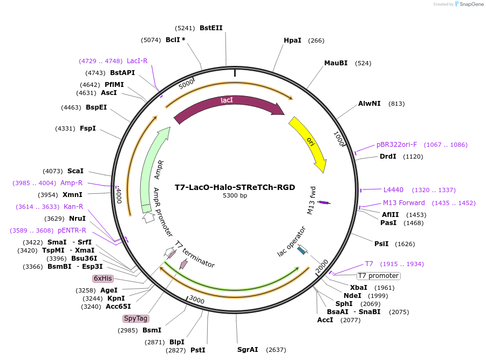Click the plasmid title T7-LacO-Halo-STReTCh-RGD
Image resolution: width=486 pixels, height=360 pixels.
pyautogui.click(x=235, y=187)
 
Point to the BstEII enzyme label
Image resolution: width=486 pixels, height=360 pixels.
pyautogui.click(x=211, y=28)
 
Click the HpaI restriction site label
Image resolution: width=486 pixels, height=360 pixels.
pyautogui.click(x=292, y=40)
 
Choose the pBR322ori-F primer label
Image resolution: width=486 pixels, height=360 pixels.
pyautogui.click(x=396, y=145)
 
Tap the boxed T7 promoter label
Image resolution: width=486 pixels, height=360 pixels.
pyautogui.click(x=378, y=276)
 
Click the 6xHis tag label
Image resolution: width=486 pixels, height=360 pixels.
pyautogui.click(x=102, y=279)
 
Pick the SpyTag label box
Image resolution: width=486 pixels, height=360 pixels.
pyautogui.click(x=135, y=318)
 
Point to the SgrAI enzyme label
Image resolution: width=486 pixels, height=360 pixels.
pyautogui.click(x=248, y=350)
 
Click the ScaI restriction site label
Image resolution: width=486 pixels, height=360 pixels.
pyautogui.click(x=76, y=171)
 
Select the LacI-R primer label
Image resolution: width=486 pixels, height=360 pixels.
pyautogui.click(x=137, y=61)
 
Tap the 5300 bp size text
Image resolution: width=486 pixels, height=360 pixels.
pyautogui.click(x=235, y=196)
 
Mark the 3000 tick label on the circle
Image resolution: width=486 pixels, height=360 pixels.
pyautogui.click(x=197, y=300)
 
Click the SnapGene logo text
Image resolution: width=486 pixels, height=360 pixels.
pyautogui.click(x=471, y=4)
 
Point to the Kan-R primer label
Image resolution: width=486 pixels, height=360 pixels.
pyautogui.click(x=72, y=207)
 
